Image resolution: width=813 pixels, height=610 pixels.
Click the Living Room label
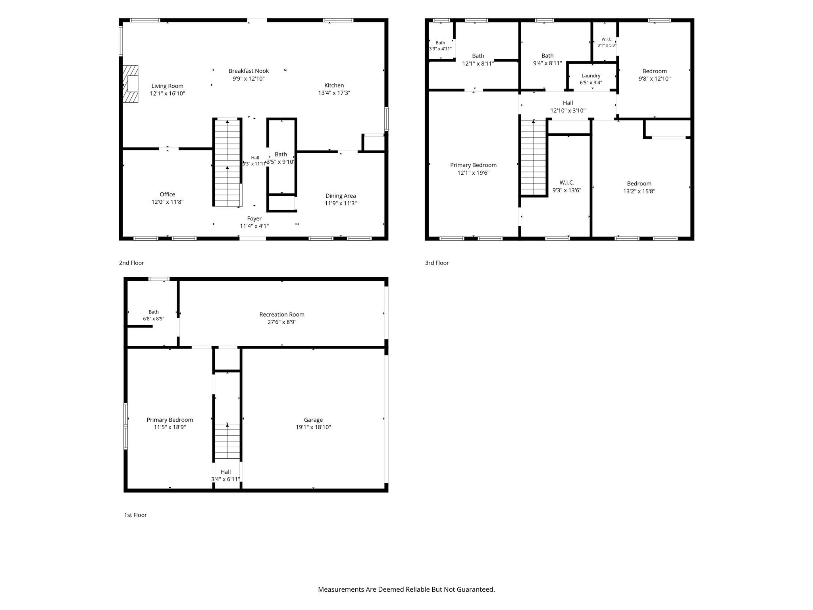[167, 86]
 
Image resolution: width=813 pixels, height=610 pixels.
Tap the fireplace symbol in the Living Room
[130, 84]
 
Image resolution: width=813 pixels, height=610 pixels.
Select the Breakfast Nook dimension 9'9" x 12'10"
[249, 79]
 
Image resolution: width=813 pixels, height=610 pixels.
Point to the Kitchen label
[334, 85]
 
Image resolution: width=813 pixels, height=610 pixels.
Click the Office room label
[167, 194]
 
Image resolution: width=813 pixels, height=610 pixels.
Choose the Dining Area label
[341, 196]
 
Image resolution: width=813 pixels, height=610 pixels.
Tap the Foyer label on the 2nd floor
[254, 218]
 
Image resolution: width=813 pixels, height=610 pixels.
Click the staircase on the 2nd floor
[227, 162]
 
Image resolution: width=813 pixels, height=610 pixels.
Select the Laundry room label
[591, 76]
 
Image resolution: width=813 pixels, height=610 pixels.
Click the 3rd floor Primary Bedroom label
[473, 165]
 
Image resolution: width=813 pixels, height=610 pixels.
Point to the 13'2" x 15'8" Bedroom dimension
[639, 191]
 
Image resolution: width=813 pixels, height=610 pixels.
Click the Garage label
[313, 420]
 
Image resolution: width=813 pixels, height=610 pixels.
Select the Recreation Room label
[282, 315]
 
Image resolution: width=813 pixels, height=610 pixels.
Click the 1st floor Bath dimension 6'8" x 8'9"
[154, 319]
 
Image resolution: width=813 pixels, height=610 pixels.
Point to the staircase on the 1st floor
[227, 441]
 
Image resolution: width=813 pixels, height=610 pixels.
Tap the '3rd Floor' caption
[437, 263]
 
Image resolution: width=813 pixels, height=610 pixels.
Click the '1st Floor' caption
[135, 515]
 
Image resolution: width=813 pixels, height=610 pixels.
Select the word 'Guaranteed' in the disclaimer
[474, 589]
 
